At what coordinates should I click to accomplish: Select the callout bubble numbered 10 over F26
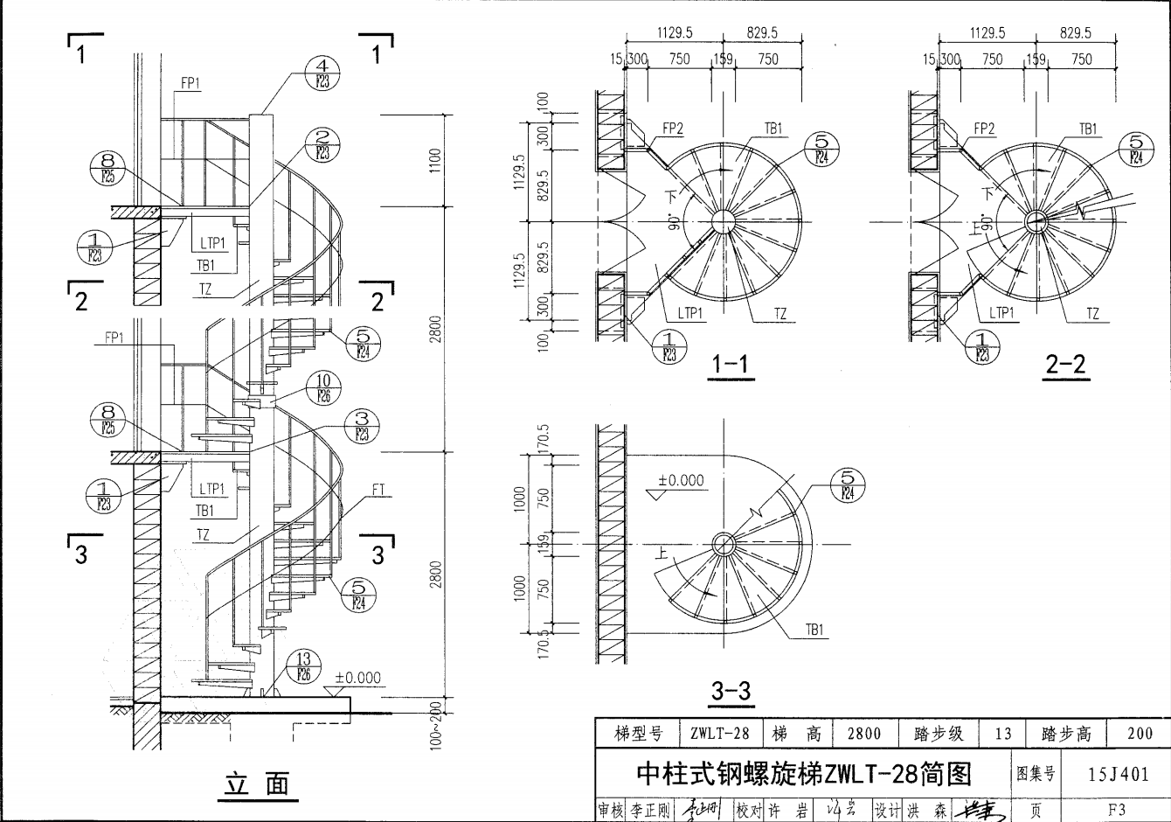[x=323, y=387]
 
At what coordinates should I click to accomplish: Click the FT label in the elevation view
[x=378, y=490]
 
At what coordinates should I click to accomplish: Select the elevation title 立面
[x=257, y=784]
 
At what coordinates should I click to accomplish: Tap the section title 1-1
[x=731, y=364]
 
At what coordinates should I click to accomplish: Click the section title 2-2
[x=1065, y=364]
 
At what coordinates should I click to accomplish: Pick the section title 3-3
[x=731, y=691]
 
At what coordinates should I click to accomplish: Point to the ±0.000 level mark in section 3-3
[x=681, y=481]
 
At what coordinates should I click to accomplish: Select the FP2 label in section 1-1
[x=673, y=129]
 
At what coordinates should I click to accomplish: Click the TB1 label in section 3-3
[x=814, y=630]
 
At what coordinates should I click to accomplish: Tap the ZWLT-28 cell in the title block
[x=718, y=734]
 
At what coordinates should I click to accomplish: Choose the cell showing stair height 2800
[x=863, y=734]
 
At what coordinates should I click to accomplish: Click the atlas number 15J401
[x=1119, y=774]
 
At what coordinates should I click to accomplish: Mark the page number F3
[x=1116, y=810]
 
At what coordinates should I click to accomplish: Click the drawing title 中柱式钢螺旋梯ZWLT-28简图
[x=804, y=774]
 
